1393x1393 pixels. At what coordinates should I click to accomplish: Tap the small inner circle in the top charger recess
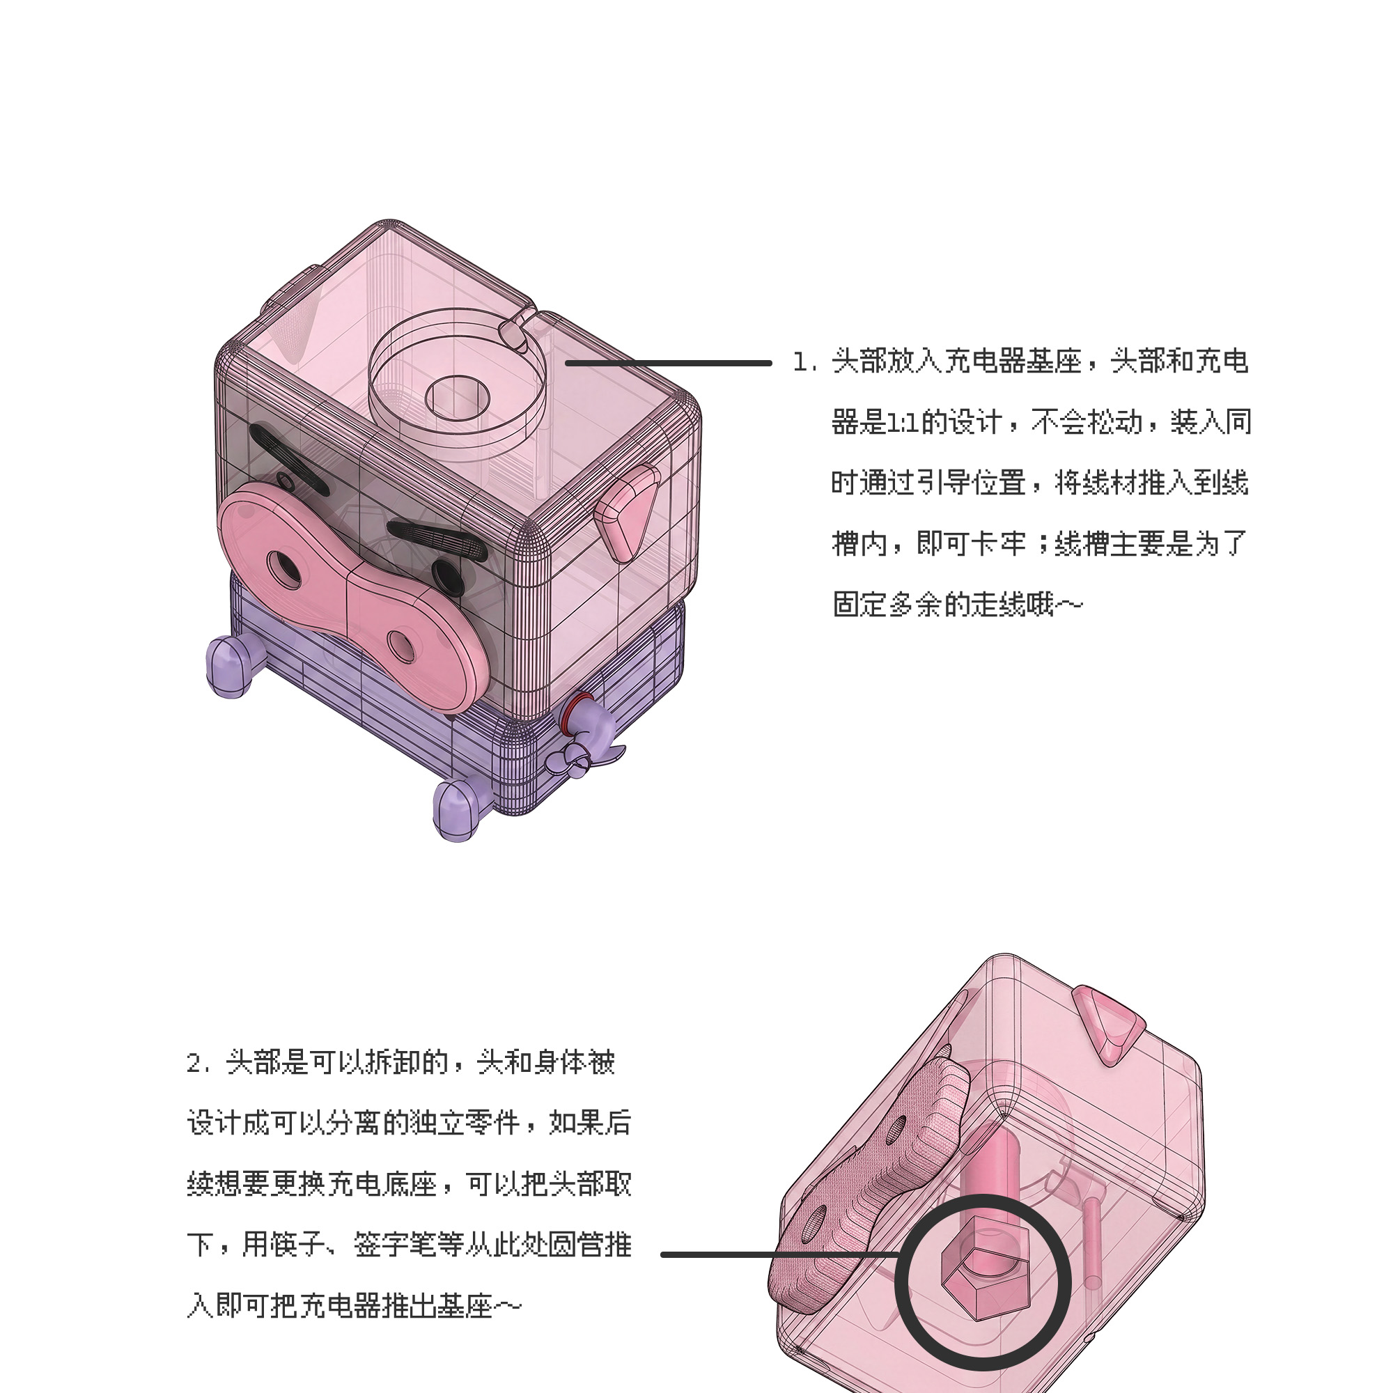pos(458,397)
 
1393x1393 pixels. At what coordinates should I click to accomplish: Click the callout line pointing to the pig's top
pos(669,364)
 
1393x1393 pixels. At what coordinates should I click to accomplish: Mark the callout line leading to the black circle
pos(779,1254)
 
